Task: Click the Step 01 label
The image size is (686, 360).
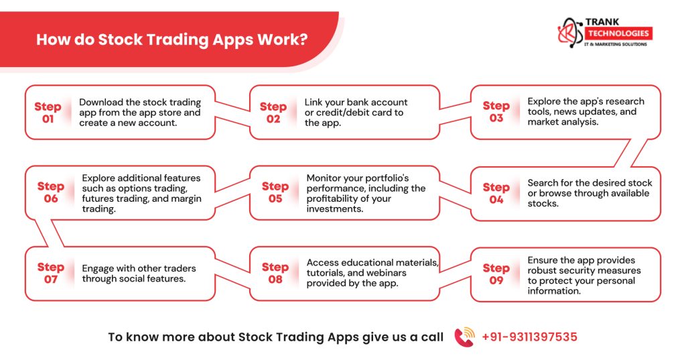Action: (48, 112)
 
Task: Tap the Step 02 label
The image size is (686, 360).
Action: (273, 112)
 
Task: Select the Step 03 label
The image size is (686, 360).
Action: (496, 111)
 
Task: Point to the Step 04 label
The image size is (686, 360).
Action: (496, 193)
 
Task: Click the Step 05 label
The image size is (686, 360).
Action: (275, 192)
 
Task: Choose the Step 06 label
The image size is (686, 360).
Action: (51, 192)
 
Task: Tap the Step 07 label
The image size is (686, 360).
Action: (51, 274)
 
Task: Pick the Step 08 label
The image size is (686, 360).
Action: (275, 273)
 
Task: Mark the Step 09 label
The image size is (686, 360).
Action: (496, 274)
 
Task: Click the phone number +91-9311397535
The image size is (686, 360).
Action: (529, 337)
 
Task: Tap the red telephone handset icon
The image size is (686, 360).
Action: (464, 337)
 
